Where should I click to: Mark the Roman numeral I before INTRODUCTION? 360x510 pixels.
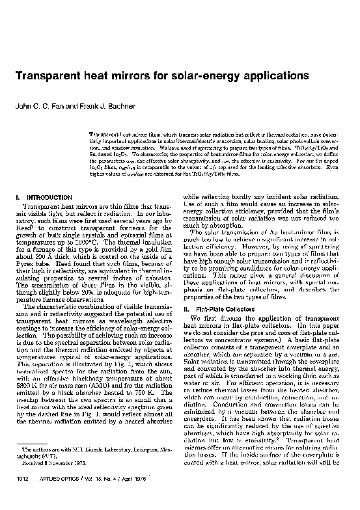click(x=15, y=196)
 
